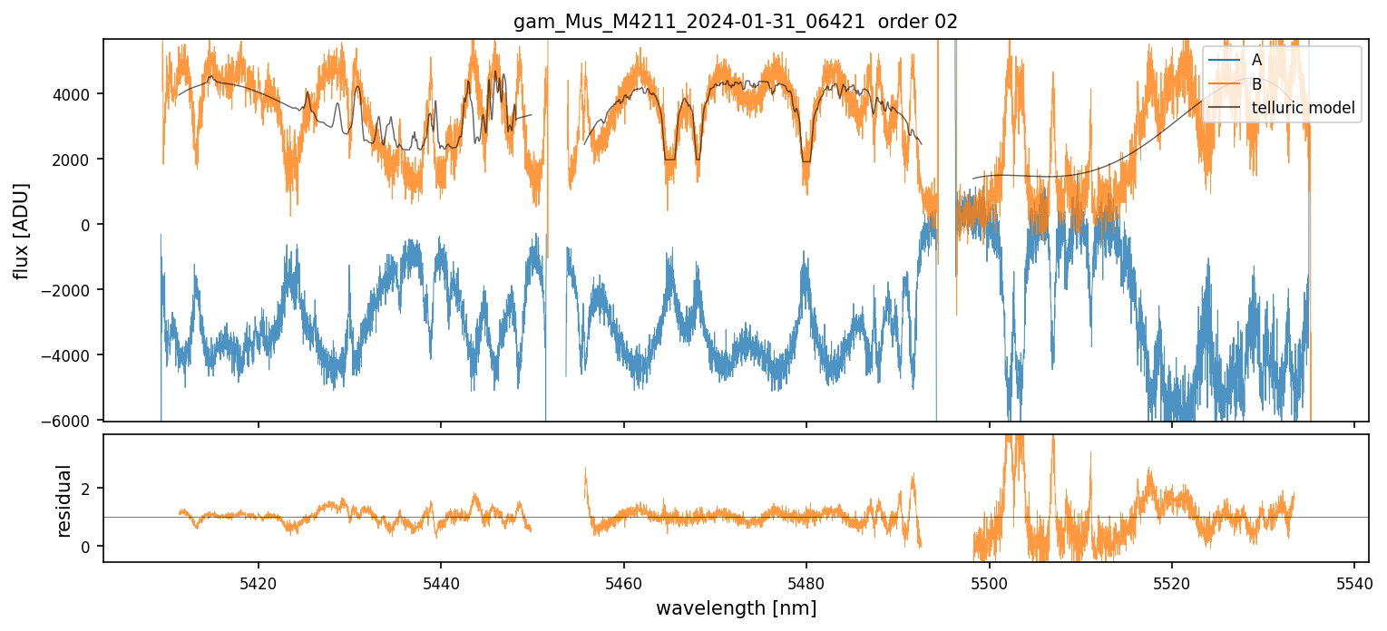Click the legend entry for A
1256,60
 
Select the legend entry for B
1256,84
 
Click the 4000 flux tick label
75,94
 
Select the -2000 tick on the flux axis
72,290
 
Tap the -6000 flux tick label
72,421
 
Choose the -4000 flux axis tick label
72,355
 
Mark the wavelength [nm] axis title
736,607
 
